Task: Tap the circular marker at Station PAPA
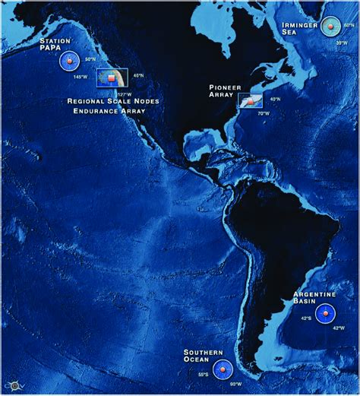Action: (x=69, y=61)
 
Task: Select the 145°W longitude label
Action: (x=81, y=77)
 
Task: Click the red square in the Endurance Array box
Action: (x=111, y=78)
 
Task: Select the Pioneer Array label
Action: (x=225, y=91)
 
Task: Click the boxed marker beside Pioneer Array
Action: (x=250, y=101)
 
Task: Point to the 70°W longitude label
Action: (x=263, y=112)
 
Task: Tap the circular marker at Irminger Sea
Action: (x=330, y=26)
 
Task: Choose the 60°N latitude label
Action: (x=349, y=25)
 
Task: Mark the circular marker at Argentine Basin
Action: (x=325, y=313)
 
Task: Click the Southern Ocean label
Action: (x=203, y=356)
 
